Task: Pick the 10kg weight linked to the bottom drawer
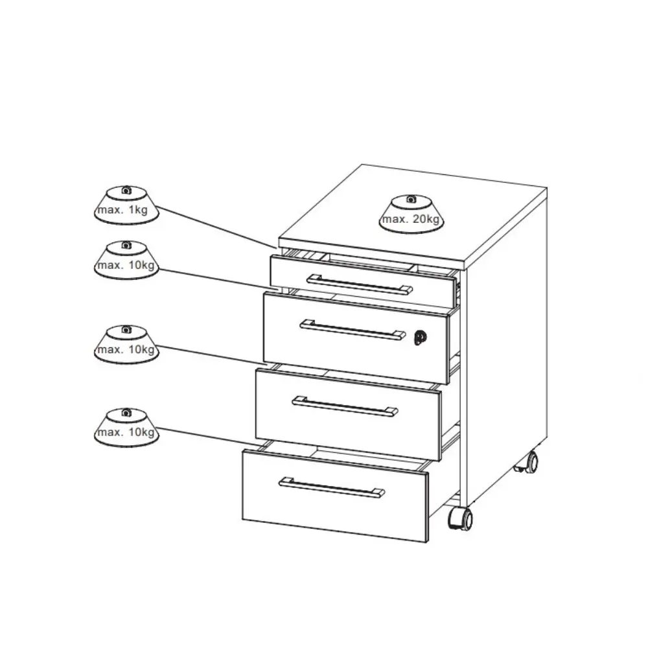point(126,427)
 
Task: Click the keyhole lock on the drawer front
point(421,338)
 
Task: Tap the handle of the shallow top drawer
point(360,284)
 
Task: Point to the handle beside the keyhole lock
point(353,330)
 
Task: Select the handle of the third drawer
point(345,406)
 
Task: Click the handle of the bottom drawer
point(331,487)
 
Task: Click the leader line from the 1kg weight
point(217,227)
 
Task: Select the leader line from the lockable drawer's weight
point(215,279)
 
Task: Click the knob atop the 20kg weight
point(411,199)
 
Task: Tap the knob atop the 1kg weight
point(126,190)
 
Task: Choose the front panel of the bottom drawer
point(335,496)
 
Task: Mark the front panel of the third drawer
point(349,415)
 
